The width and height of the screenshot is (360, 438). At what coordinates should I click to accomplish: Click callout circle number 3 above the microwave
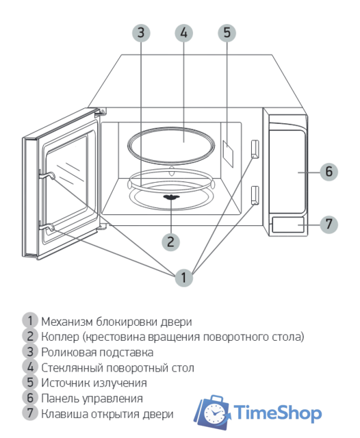tap(141, 33)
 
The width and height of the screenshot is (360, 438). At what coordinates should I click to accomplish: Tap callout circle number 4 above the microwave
tap(183, 33)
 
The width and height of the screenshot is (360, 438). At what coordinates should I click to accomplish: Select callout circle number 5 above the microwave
tap(227, 33)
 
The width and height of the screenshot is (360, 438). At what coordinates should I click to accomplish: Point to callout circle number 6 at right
tap(329, 171)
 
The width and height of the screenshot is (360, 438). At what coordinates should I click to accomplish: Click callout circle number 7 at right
tap(329, 223)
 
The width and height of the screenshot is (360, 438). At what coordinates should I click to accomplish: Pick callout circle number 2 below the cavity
tap(170, 241)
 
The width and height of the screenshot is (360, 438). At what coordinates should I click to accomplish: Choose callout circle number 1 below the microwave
tap(183, 277)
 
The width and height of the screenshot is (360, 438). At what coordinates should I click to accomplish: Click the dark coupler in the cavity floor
tap(170, 199)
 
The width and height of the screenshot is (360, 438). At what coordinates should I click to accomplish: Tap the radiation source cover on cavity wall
tap(228, 151)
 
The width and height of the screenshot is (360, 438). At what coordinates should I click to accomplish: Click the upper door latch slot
tap(255, 149)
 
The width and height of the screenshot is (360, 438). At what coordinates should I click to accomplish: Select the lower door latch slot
tap(255, 195)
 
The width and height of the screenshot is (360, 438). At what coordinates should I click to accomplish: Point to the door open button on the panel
tap(288, 224)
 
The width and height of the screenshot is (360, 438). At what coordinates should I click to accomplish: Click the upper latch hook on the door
tap(46, 175)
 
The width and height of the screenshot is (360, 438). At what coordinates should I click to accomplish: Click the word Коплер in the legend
tap(60, 336)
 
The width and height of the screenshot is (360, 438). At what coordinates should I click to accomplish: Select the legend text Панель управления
tap(92, 398)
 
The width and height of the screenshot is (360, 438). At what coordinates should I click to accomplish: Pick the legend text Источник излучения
tap(94, 383)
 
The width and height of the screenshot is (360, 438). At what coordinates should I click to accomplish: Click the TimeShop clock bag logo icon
tap(212, 413)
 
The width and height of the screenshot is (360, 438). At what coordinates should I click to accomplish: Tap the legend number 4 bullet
tap(30, 367)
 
